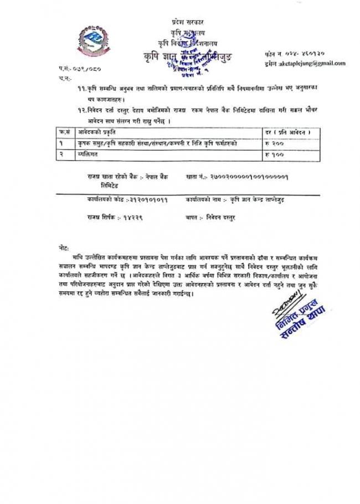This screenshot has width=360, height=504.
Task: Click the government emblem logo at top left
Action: click(92, 39)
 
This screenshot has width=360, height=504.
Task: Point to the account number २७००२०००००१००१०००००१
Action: click(248, 176)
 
